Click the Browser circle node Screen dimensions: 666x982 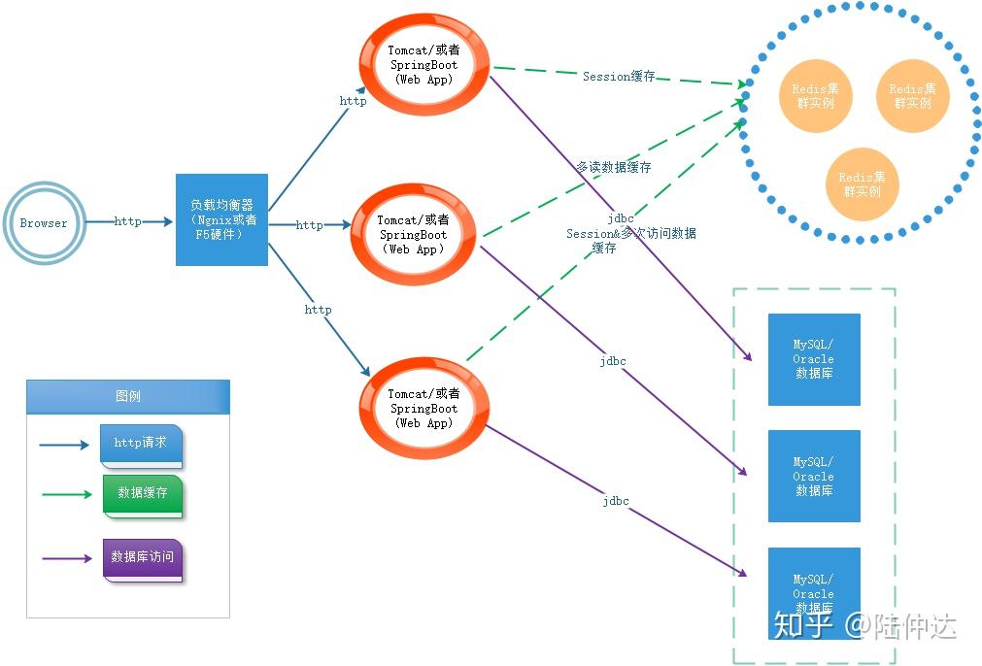click(44, 223)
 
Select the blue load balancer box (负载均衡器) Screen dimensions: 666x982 click(221, 219)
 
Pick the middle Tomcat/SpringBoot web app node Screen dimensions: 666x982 click(413, 234)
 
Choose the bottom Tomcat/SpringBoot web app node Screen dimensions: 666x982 click(423, 408)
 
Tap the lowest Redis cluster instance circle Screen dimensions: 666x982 click(862, 183)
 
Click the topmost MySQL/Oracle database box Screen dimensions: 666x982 click(814, 359)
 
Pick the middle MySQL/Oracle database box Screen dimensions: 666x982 click(814, 476)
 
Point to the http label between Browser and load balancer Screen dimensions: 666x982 click(127, 221)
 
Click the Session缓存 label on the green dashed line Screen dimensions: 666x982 click(619, 77)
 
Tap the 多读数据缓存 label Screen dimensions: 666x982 click(614, 167)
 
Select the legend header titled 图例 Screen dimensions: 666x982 click(128, 396)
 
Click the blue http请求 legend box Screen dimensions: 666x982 click(141, 444)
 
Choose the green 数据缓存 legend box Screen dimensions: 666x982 click(143, 494)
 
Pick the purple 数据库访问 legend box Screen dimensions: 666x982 click(142, 558)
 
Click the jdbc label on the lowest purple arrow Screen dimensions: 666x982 click(615, 501)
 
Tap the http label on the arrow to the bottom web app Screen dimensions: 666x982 click(318, 310)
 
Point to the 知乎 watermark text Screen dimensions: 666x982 click(802, 625)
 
